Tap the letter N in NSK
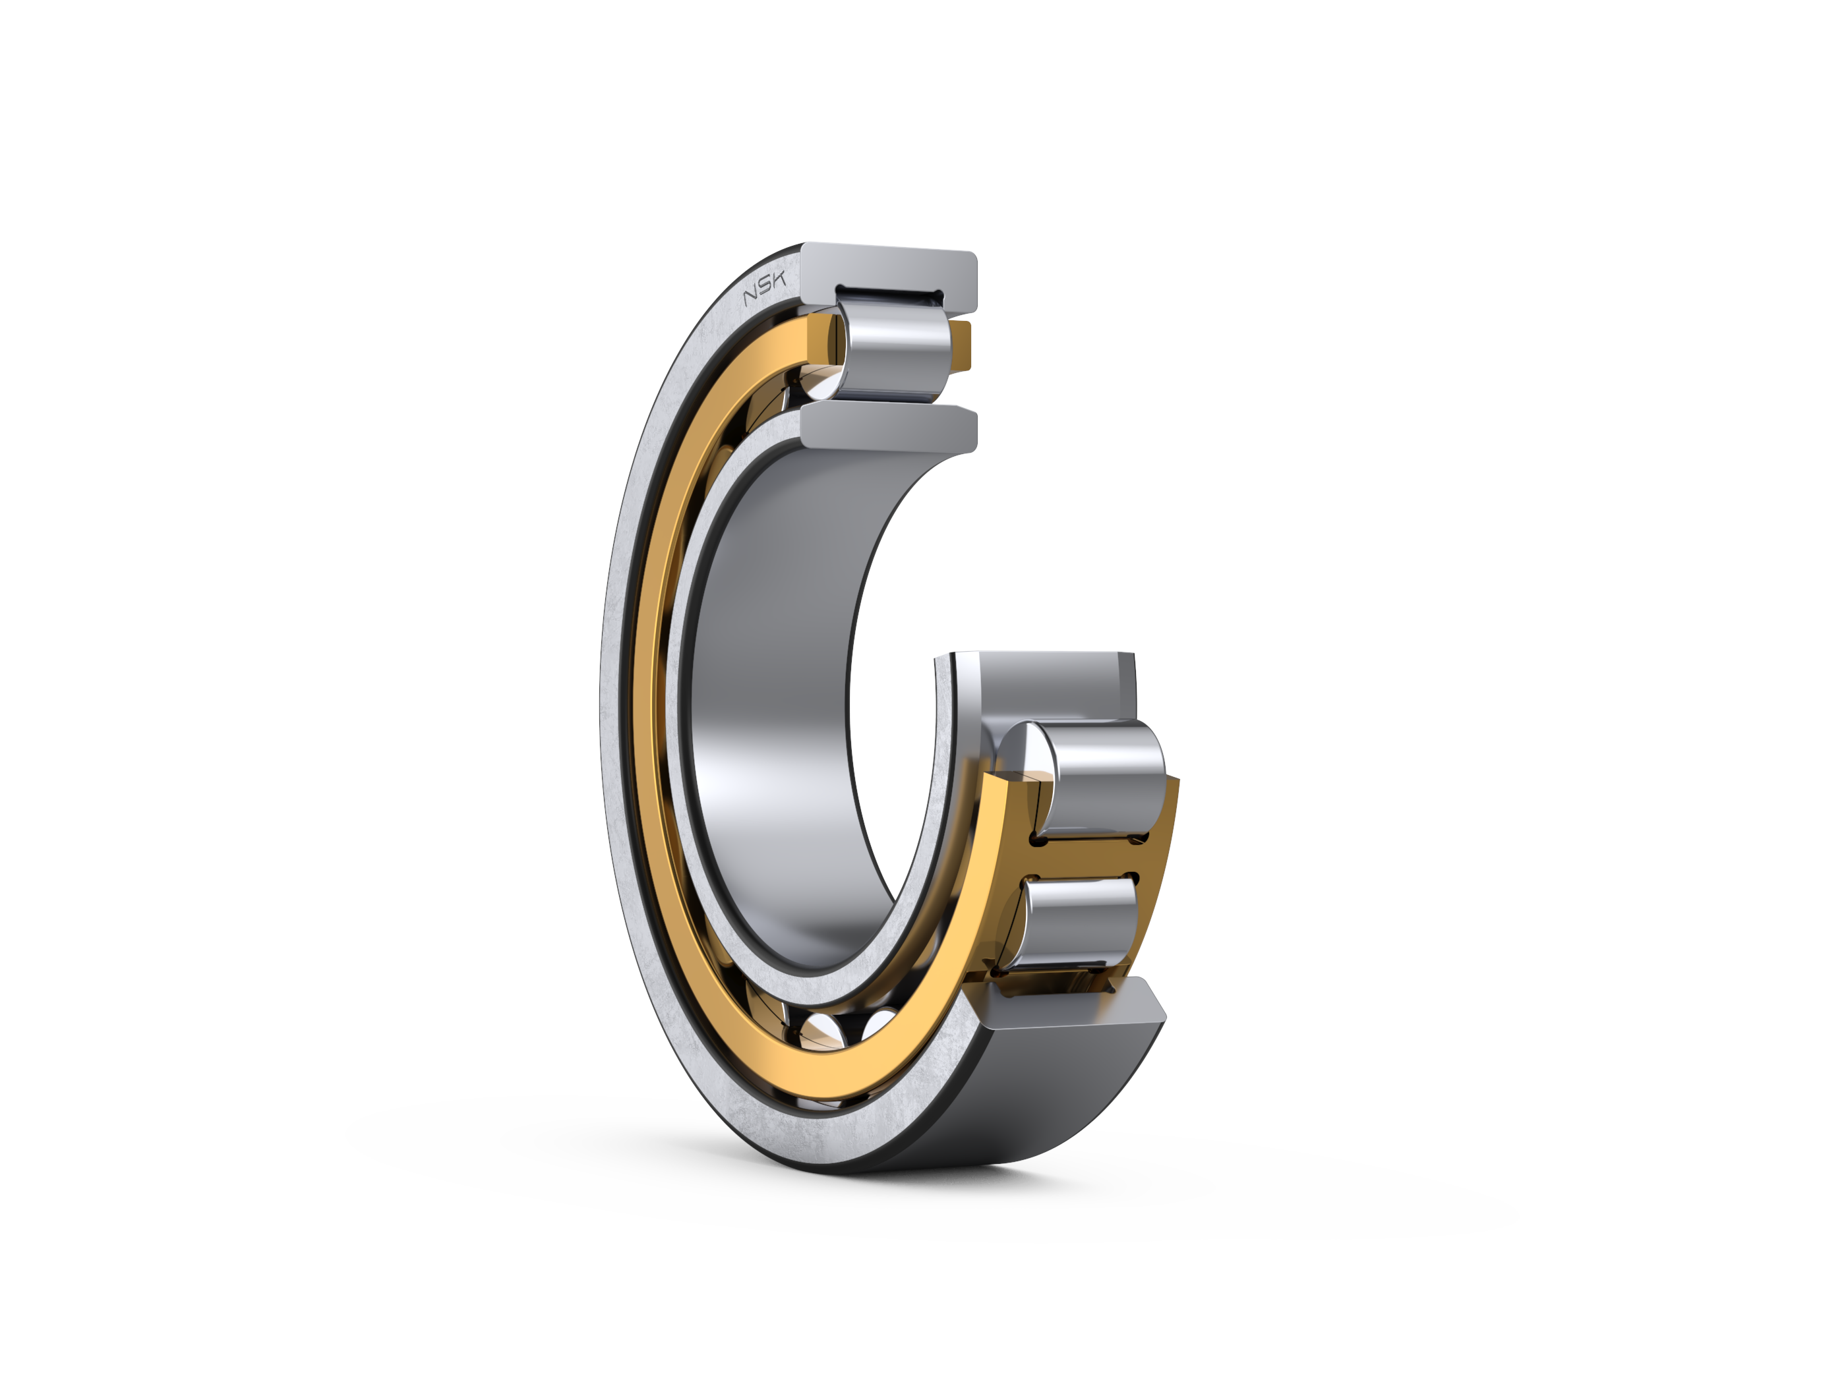tap(750, 295)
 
